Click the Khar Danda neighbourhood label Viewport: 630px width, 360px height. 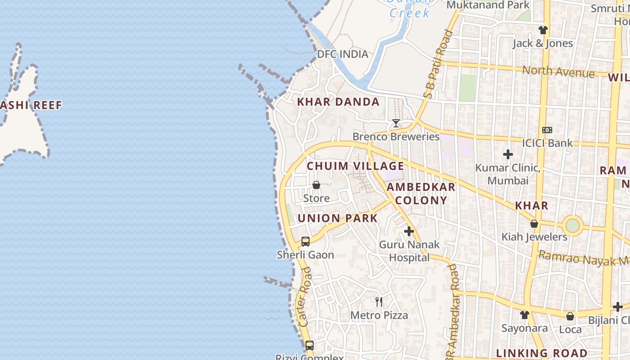click(x=338, y=102)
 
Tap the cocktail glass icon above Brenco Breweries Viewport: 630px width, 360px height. click(x=396, y=123)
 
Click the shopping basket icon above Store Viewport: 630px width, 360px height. click(x=316, y=185)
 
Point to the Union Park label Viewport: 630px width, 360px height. click(x=337, y=219)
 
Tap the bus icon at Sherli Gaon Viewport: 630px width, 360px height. click(x=306, y=241)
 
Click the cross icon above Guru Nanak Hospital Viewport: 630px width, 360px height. click(x=409, y=231)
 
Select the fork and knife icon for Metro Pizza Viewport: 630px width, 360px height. click(x=379, y=301)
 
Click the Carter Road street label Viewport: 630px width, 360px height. click(x=305, y=297)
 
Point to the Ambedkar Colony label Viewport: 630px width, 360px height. click(x=421, y=194)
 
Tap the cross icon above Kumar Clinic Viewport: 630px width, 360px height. click(x=508, y=154)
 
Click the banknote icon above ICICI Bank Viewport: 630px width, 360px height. click(x=547, y=130)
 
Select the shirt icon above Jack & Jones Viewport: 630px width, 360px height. click(x=543, y=30)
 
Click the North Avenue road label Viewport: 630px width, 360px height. click(x=558, y=71)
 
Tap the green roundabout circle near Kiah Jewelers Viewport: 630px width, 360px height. click(x=572, y=225)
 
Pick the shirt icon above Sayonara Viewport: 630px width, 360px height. click(x=525, y=315)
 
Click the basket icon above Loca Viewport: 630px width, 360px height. click(x=570, y=316)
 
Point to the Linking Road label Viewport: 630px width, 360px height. click(x=541, y=353)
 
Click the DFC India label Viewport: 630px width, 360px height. click(x=342, y=54)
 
